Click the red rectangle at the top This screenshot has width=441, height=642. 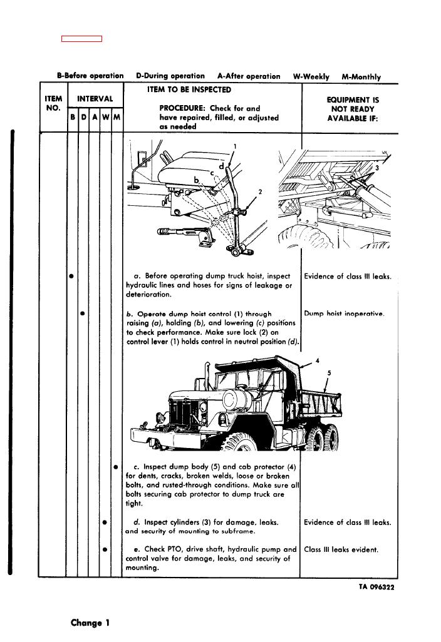(x=81, y=39)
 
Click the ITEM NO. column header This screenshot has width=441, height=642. (x=53, y=103)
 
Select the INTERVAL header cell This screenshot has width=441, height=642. (x=95, y=99)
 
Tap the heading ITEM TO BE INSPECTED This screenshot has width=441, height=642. (x=188, y=90)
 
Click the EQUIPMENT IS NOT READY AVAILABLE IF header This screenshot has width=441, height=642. (x=353, y=109)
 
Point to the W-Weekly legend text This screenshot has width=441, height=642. (x=311, y=76)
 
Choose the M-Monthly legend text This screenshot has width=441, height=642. (x=361, y=77)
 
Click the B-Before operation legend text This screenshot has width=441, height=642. (x=90, y=76)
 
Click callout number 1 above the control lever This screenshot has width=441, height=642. (x=234, y=146)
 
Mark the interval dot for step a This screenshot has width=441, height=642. (x=72, y=275)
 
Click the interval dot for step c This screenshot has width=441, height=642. (x=116, y=467)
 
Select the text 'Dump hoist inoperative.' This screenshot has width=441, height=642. (x=344, y=314)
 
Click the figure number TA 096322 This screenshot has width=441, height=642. (x=376, y=587)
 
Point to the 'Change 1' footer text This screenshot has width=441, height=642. (x=90, y=623)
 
